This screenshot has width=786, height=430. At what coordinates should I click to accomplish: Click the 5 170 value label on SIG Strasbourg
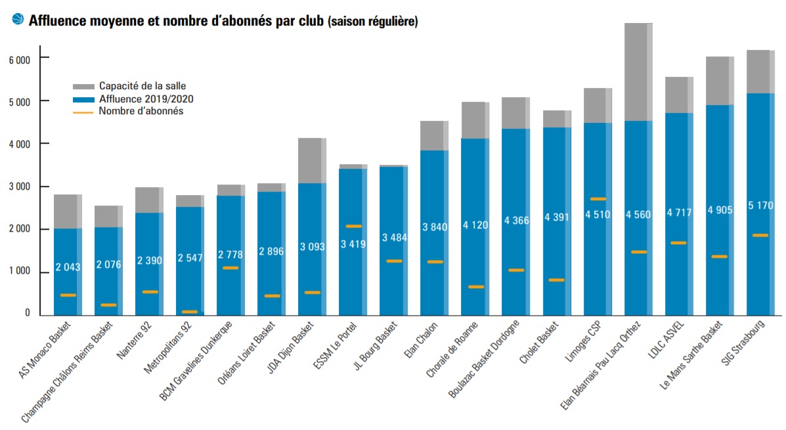click(761, 205)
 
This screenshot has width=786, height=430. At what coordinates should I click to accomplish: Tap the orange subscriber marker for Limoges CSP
click(598, 198)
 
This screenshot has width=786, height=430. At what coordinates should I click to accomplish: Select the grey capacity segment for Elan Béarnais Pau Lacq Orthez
click(638, 72)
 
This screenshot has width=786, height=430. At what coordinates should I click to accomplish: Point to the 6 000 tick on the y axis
click(20, 59)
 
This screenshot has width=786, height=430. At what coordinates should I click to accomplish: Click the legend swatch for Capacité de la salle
click(83, 86)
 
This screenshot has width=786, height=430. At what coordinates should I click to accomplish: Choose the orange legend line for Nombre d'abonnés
click(83, 112)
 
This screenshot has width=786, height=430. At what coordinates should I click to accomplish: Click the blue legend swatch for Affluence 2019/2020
click(83, 99)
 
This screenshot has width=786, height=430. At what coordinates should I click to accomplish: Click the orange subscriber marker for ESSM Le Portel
click(354, 226)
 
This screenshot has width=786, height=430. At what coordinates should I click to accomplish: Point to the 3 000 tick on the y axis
click(20, 187)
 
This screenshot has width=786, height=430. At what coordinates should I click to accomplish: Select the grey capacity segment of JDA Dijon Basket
click(312, 161)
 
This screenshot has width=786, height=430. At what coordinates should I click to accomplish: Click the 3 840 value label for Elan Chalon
click(434, 228)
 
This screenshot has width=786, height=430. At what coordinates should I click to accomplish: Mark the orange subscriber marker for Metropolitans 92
click(190, 311)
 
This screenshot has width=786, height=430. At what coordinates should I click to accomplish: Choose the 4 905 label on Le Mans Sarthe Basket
click(720, 210)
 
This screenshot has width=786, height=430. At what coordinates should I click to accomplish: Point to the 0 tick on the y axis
click(28, 314)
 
